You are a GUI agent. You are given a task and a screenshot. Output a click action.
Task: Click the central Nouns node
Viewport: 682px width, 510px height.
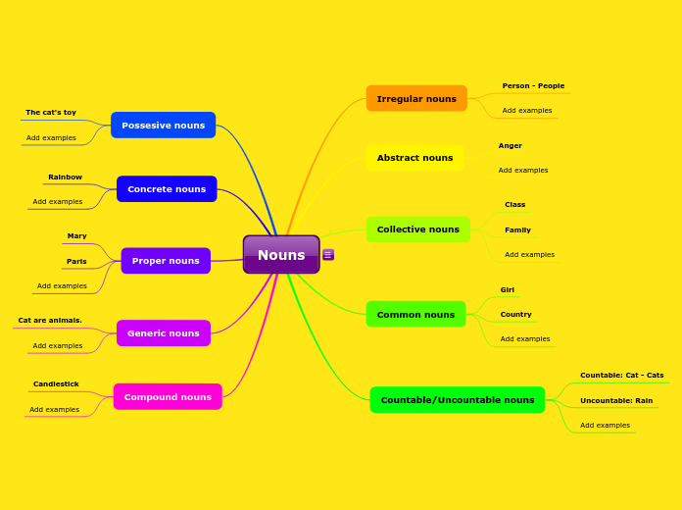point(281,255)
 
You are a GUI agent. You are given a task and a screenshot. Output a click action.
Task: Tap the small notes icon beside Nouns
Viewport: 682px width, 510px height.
point(328,255)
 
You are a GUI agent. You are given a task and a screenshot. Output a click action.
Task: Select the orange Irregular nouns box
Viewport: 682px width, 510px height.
point(416,98)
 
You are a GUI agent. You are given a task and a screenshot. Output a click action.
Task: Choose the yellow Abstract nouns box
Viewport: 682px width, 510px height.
point(414,158)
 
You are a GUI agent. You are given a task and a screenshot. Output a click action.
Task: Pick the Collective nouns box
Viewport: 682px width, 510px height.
point(417,229)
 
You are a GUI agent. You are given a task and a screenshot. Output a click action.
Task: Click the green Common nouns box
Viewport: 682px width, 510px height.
point(415,315)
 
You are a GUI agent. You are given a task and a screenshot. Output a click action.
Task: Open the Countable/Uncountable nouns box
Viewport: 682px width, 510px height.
point(457,400)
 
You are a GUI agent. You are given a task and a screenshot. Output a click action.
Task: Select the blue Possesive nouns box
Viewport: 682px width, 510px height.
point(163,126)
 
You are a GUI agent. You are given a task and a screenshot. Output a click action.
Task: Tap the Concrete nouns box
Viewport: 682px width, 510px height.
point(167,189)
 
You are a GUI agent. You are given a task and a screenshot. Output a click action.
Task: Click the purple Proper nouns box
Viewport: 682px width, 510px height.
point(166,261)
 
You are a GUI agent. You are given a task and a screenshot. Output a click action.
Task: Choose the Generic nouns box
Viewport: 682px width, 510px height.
point(163,333)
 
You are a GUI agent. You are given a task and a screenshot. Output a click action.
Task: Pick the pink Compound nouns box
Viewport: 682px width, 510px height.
point(168,397)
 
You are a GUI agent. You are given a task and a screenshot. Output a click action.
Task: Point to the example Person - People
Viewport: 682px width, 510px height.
point(533,86)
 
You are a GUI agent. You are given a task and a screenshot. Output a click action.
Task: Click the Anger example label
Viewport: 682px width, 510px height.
point(510,146)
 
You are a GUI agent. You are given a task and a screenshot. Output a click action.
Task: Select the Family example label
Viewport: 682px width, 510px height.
point(517,230)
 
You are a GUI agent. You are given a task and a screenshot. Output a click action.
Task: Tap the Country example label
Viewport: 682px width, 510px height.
point(515,315)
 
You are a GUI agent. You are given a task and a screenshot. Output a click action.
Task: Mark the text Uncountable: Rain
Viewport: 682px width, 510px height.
point(615,400)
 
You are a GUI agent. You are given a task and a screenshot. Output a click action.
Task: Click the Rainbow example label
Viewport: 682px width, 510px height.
point(65,178)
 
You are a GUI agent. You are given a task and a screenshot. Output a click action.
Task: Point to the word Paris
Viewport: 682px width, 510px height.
point(76,262)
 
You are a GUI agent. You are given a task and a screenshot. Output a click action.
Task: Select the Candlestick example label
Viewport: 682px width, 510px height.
point(56,384)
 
